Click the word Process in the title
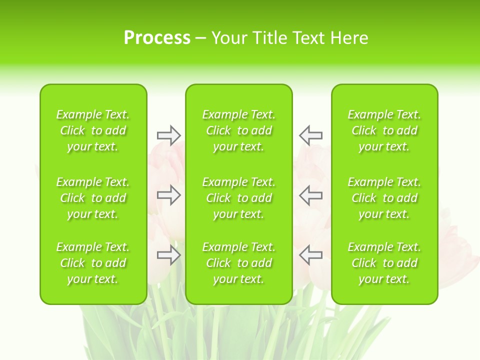(157, 38)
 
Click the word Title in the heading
(269, 38)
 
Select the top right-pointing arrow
(168, 135)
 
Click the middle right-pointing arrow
(168, 195)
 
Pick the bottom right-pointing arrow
(168, 255)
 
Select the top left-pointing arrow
(310, 135)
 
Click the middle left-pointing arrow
(310, 195)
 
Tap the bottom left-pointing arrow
(310, 255)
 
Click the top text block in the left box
(93, 130)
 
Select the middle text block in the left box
(93, 198)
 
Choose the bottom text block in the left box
(93, 263)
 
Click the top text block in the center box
(239, 130)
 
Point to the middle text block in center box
(239, 198)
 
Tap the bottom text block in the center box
(239, 263)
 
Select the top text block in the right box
(384, 130)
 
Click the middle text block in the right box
(384, 198)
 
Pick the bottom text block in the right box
(384, 263)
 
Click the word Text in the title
(307, 38)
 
